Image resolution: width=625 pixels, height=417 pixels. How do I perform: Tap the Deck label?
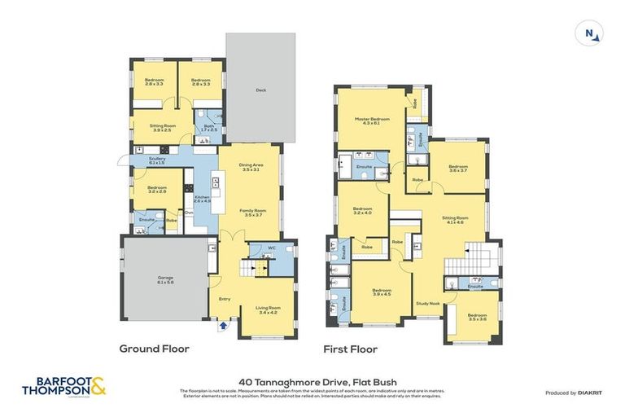click(x=260, y=90)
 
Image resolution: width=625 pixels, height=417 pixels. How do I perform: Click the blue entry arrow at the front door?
click(x=224, y=325)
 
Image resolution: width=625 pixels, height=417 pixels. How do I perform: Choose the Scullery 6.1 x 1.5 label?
click(x=157, y=160)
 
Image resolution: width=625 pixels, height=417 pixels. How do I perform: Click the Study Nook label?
click(x=428, y=303)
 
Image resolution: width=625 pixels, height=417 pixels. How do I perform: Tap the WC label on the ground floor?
click(x=273, y=248)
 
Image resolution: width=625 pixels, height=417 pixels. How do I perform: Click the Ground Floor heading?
click(x=155, y=349)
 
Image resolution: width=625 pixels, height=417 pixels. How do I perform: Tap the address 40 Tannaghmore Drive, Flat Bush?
click(x=312, y=380)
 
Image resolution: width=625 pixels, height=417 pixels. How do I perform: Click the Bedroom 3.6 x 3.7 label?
click(x=457, y=169)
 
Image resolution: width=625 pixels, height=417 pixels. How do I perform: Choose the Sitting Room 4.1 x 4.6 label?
click(x=454, y=220)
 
